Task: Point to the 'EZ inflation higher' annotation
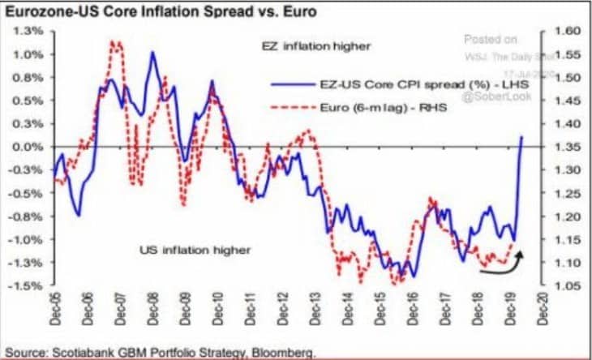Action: (316, 46)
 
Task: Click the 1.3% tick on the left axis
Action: (29, 31)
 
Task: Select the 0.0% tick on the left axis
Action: (29, 147)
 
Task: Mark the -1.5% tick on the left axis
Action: (29, 286)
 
